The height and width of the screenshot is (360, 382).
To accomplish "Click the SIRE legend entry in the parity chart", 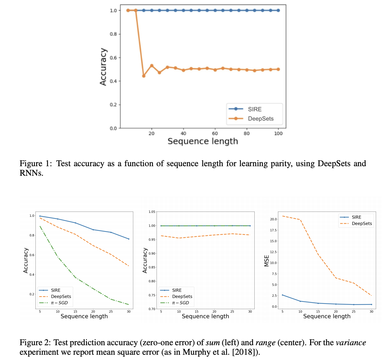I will (x=254, y=109).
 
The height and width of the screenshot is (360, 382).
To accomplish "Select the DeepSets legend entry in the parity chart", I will (x=260, y=119).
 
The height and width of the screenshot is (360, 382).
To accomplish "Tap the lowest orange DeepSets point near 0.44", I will (x=143, y=76).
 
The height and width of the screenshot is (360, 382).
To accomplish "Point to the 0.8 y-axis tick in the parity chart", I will (x=113, y=34).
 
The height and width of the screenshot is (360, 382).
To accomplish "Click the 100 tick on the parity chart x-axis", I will (x=278, y=133).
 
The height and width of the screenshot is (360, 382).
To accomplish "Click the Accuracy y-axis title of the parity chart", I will (x=103, y=67).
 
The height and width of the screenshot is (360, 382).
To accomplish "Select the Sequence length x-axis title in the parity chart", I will (x=202, y=141).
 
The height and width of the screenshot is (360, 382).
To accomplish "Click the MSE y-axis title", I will (x=267, y=261).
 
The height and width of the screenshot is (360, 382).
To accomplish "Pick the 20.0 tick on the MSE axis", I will (x=273, y=219).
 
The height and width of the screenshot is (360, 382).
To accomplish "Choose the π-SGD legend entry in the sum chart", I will (x=59, y=303).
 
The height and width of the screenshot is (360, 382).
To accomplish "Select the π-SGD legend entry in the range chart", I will (x=180, y=303).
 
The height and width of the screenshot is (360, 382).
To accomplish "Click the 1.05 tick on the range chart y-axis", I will (x=152, y=212).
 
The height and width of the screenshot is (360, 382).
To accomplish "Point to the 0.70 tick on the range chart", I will (x=152, y=309).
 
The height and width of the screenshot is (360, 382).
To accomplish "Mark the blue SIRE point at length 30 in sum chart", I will (x=128, y=239).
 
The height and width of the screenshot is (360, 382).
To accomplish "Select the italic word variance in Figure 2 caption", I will (x=350, y=343).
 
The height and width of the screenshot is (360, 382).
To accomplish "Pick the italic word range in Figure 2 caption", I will (x=265, y=343).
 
